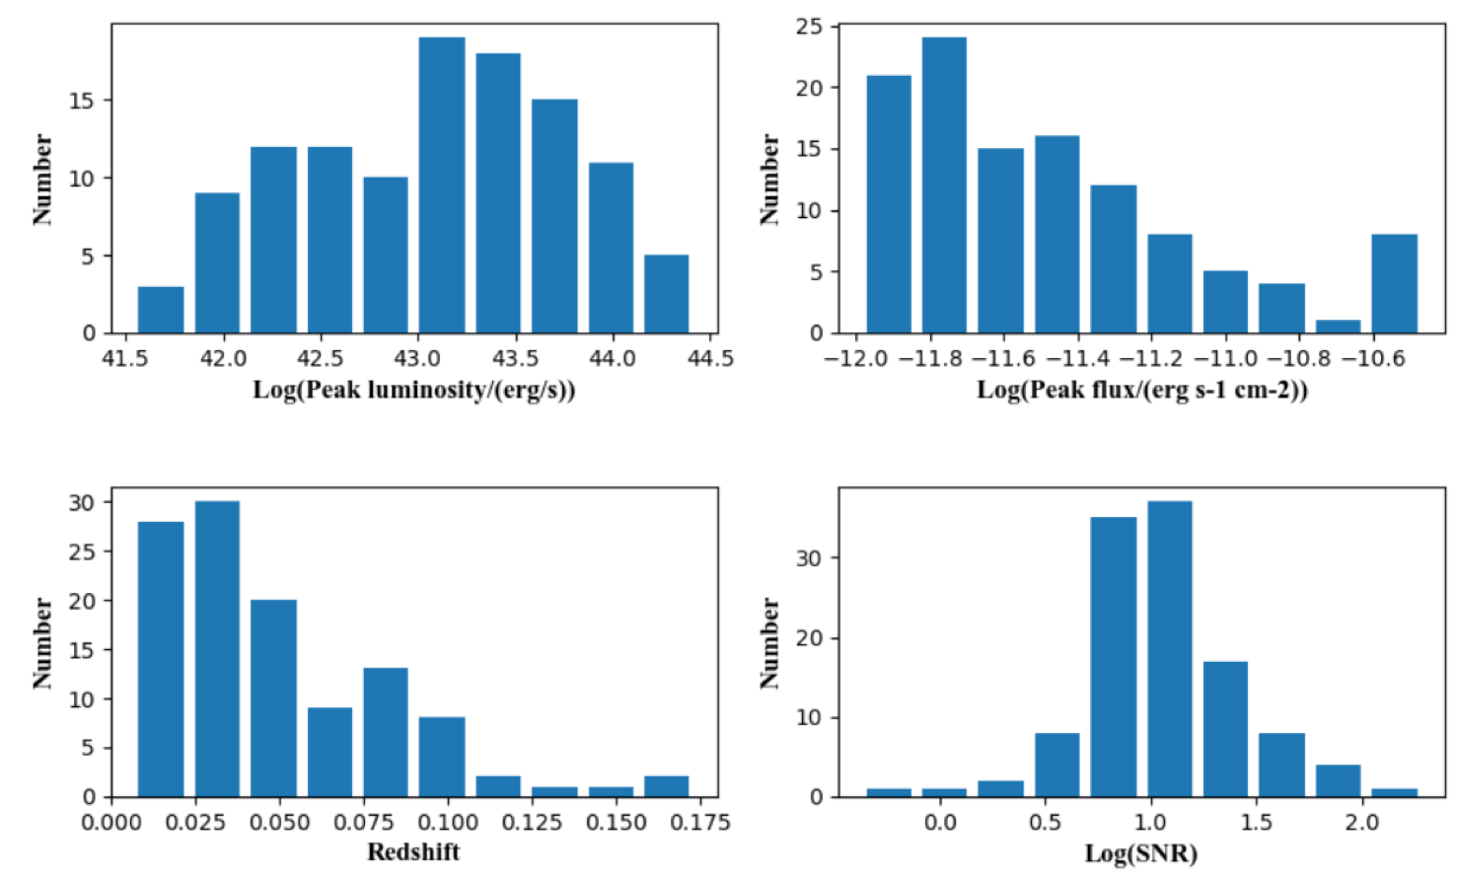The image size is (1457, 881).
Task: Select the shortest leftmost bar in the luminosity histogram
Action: [x=161, y=310]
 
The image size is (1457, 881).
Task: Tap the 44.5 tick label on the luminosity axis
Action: [x=710, y=358]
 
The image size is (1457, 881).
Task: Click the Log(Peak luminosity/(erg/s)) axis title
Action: [x=414, y=390]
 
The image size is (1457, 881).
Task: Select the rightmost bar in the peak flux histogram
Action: [x=1394, y=284]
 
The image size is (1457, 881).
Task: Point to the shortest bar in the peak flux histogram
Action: [x=1338, y=327]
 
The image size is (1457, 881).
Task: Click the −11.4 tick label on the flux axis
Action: [x=1084, y=358]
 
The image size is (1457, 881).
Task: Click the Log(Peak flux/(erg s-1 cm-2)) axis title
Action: [x=1142, y=390]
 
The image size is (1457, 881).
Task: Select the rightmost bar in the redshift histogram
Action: [x=667, y=786]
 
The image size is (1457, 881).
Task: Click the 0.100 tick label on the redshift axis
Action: [x=448, y=822]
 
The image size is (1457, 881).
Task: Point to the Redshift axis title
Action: [x=413, y=852]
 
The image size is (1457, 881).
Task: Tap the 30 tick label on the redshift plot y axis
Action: [x=83, y=502]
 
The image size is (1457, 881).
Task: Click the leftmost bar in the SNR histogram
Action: [x=889, y=792]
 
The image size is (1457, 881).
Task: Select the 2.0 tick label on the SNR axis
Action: [x=1361, y=822]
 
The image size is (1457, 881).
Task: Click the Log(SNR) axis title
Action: [x=1141, y=853]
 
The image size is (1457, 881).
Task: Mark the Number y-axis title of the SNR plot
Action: [x=769, y=642]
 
